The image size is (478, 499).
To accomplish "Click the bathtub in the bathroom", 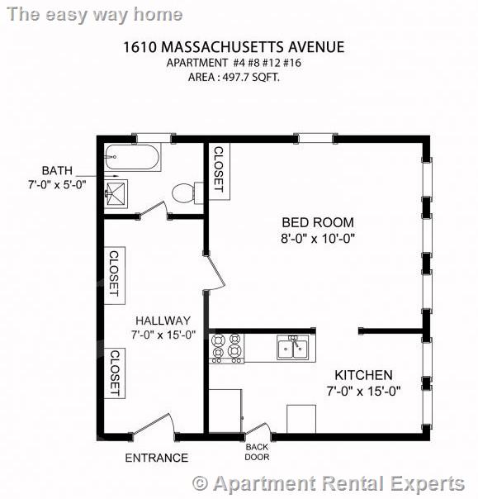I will [x=135, y=158].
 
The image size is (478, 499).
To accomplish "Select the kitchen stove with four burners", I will [x=227, y=347].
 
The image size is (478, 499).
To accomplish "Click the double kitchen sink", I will [x=292, y=348].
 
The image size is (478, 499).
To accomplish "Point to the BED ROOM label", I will [x=317, y=222].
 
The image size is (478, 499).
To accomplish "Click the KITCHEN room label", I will [x=364, y=375].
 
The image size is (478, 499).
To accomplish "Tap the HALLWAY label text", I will [x=163, y=321].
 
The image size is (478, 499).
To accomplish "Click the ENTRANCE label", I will [x=156, y=458].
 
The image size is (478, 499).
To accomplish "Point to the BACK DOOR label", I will [x=257, y=452].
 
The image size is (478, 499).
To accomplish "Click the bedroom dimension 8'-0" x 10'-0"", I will [x=318, y=238].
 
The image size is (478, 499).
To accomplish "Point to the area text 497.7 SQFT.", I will [x=239, y=78].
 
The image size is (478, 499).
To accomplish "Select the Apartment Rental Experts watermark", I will [x=328, y=482].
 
